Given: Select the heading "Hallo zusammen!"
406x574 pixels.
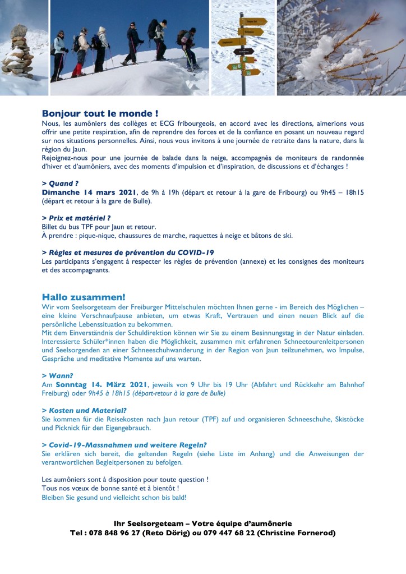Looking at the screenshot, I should (x=84, y=297).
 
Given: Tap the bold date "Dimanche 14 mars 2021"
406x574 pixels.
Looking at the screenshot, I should (x=89, y=192).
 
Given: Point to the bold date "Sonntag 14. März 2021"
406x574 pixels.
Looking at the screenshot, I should (x=101, y=384).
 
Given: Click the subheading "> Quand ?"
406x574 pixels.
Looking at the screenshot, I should (x=59, y=183).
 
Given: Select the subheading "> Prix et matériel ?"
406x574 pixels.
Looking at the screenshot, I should (x=76, y=218).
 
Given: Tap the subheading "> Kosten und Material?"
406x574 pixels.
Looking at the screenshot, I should (x=84, y=410).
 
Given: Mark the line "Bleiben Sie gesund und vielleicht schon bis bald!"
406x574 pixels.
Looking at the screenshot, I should (x=114, y=497).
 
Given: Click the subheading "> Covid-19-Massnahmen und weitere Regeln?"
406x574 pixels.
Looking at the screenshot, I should (x=124, y=444).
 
